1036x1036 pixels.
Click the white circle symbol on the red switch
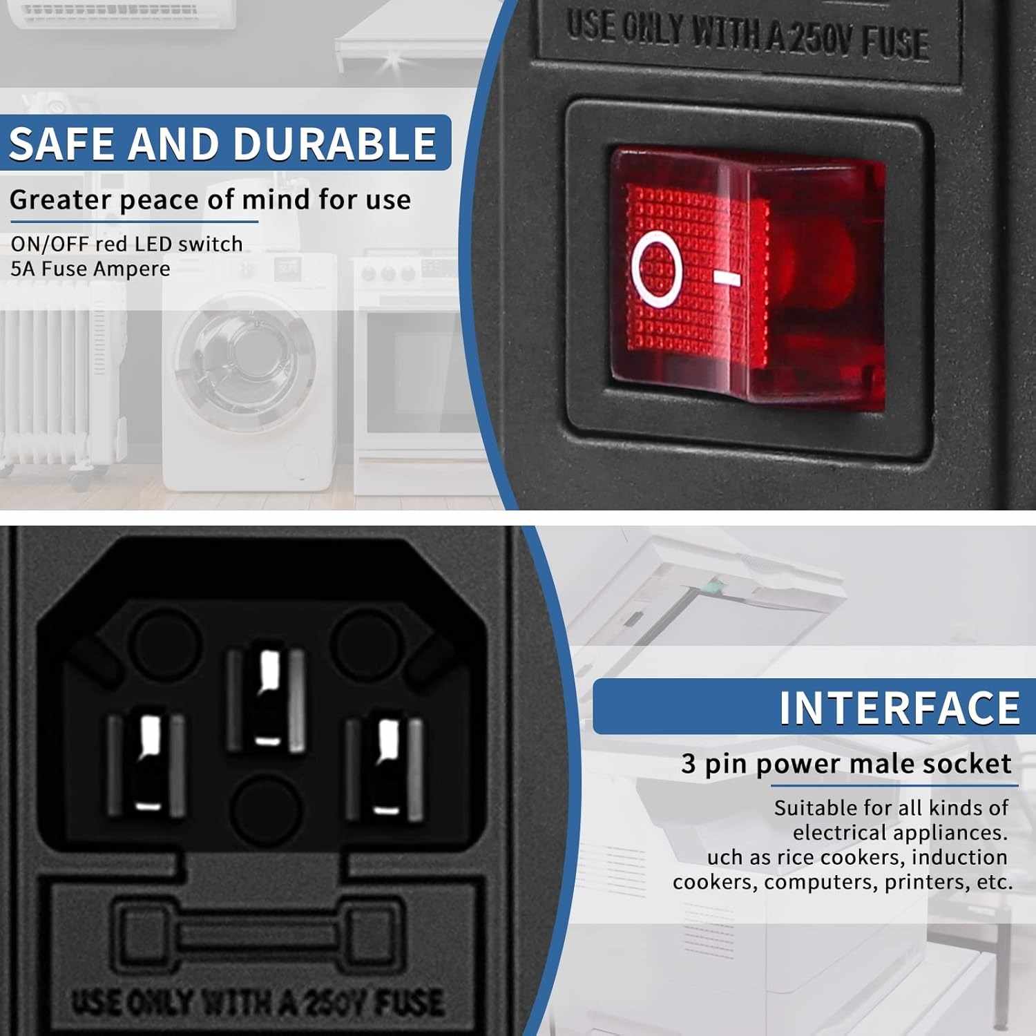click(x=657, y=269)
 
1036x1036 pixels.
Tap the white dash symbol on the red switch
click(x=727, y=278)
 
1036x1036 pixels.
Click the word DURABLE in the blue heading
click(x=334, y=144)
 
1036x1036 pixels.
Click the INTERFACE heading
click(x=899, y=707)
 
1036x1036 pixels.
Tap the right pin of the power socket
click(x=385, y=768)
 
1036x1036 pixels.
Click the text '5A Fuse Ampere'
click(x=90, y=269)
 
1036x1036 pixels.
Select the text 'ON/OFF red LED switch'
click(x=126, y=244)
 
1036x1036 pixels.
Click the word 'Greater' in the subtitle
click(x=61, y=200)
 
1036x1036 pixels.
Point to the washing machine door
click(x=245, y=359)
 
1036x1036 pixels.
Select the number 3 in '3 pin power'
click(x=689, y=763)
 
